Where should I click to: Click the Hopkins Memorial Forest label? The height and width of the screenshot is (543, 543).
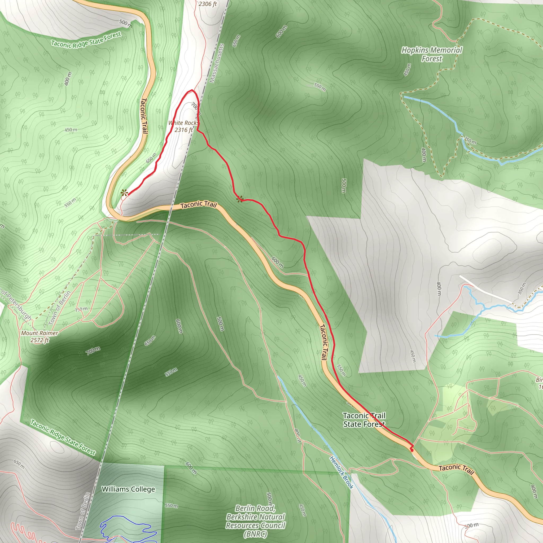[x=432, y=54]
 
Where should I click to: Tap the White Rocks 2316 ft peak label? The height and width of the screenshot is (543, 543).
[x=183, y=126]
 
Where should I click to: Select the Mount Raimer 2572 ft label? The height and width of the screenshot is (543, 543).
[x=40, y=336]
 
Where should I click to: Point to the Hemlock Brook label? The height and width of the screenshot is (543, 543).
[x=341, y=473]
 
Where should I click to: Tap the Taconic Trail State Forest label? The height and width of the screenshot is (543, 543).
[x=364, y=420]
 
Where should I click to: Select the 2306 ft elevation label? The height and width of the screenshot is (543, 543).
[x=208, y=4]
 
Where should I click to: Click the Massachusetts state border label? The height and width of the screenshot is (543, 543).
[x=217, y=63]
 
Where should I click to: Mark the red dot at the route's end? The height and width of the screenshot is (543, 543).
[x=412, y=450]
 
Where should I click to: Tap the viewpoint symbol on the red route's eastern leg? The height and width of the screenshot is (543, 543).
[x=239, y=199]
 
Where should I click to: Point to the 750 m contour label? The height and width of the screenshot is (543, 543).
[x=81, y=309]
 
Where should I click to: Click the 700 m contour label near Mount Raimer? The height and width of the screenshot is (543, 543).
[x=93, y=351]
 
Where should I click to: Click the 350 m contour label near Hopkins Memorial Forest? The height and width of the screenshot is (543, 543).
[x=470, y=141]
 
